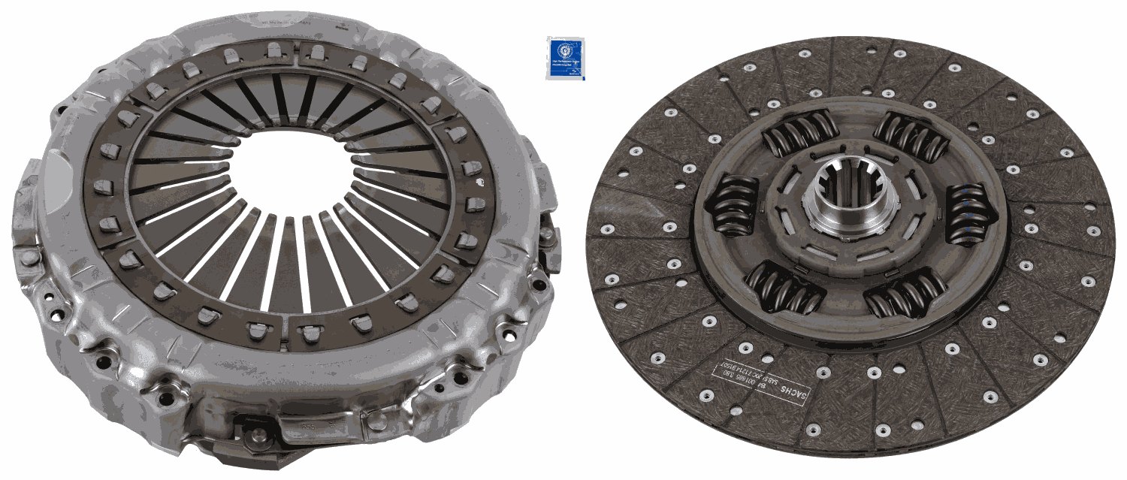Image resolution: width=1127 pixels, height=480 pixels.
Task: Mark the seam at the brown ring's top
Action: tap(298, 47)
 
